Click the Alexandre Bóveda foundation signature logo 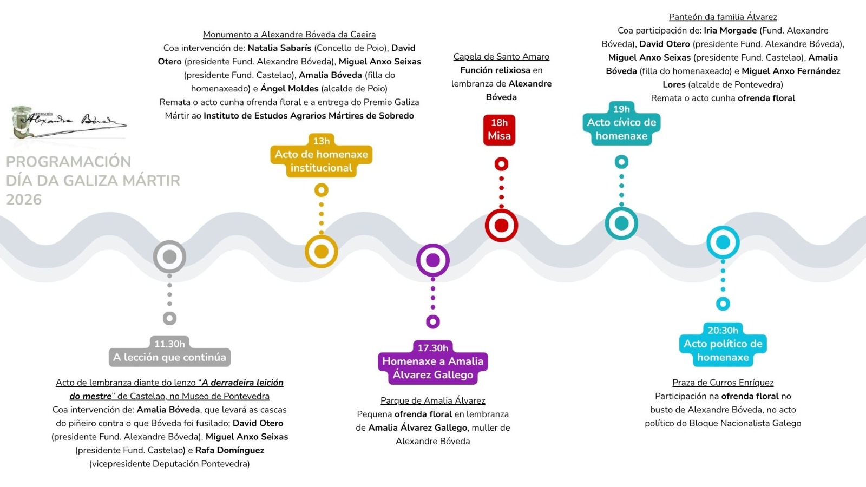(x=68, y=122)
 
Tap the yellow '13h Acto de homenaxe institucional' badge (x=322, y=156)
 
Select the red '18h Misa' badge (x=499, y=130)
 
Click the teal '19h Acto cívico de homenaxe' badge (x=621, y=123)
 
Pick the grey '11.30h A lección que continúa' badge (x=170, y=351)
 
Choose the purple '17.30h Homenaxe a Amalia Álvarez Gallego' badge (x=432, y=363)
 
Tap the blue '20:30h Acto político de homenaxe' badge (x=723, y=345)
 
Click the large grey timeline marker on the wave (x=170, y=256)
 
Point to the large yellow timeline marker (x=322, y=251)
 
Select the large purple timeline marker (x=432, y=260)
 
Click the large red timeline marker (x=501, y=225)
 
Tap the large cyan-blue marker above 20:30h (x=723, y=242)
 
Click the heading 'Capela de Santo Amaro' (x=501, y=57)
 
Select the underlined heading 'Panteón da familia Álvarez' (x=723, y=17)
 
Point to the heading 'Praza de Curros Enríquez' (x=723, y=383)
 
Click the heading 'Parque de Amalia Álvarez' (x=432, y=400)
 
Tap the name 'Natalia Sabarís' (x=279, y=48)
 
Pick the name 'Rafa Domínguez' (x=229, y=450)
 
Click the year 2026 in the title (x=24, y=200)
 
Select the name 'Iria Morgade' (x=730, y=30)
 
